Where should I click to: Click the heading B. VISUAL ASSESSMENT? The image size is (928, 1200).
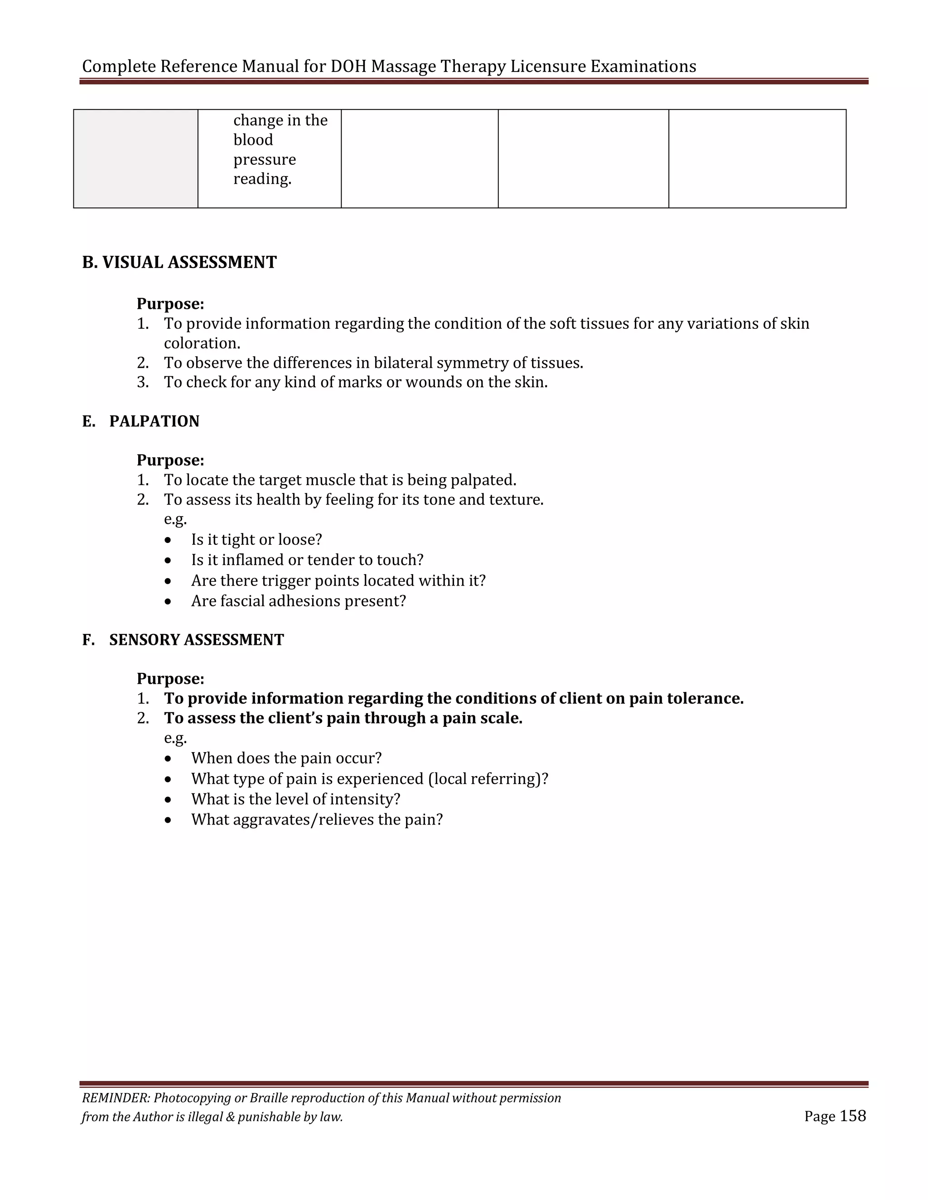tap(179, 263)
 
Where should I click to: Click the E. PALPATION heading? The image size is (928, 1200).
tap(141, 422)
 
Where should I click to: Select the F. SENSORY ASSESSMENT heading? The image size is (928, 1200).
tap(183, 640)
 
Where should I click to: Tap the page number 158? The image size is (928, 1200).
tap(853, 1116)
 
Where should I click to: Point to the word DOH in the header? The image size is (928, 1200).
tap(348, 67)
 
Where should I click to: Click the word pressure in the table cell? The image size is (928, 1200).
tap(265, 160)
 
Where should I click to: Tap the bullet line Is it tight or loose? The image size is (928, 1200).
tap(256, 540)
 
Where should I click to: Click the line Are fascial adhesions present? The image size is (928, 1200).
tap(299, 601)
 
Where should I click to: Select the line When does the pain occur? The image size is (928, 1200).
tap(286, 758)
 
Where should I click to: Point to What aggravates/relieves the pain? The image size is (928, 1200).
tap(317, 820)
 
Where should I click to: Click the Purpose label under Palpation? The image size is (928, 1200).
tap(170, 461)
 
